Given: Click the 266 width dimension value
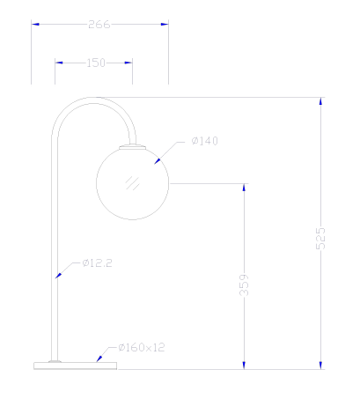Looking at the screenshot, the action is [x=99, y=25].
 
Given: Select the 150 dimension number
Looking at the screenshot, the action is [x=96, y=63].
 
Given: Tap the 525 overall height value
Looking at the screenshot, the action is [x=320, y=238].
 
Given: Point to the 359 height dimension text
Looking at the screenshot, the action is [x=244, y=284].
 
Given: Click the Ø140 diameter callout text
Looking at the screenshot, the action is [x=204, y=141].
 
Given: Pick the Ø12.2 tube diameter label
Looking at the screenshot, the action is [x=97, y=262].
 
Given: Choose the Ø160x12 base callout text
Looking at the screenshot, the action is [x=142, y=348].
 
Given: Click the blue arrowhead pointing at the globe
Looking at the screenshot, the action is [x=158, y=161].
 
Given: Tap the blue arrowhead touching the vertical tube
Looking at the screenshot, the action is [x=58, y=276].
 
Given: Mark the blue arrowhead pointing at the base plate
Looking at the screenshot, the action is [x=99, y=358].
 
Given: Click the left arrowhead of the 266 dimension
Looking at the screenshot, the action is [x=35, y=24].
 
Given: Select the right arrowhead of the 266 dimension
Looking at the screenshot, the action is [x=165, y=24].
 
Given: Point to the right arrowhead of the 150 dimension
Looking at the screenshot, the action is [x=129, y=63].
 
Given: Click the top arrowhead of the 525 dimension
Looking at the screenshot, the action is [x=320, y=101].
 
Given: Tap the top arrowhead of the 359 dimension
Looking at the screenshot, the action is [x=244, y=188].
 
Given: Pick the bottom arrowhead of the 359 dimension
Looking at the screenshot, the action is [x=244, y=366].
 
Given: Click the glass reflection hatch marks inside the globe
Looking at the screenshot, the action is [x=132, y=183].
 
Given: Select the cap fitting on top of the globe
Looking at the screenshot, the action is [x=132, y=147].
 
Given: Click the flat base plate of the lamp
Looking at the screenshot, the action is [x=75, y=366].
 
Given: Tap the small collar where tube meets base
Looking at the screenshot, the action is [x=55, y=361].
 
